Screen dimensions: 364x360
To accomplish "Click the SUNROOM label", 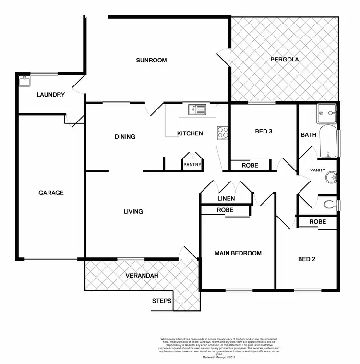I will (x=151, y=60).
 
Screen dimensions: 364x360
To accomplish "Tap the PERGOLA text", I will (x=284, y=60).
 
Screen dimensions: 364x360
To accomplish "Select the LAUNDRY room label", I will (x=50, y=95).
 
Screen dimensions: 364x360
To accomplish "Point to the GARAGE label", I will (x=51, y=193).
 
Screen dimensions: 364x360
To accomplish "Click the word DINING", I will (x=125, y=137).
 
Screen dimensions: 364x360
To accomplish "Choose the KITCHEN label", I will (x=190, y=133).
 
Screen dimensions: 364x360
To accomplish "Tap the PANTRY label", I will (x=192, y=165).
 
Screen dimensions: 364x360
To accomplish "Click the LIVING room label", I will (x=133, y=211).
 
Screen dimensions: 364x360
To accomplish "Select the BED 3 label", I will (x=264, y=132).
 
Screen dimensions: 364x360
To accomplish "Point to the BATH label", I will (x=309, y=135).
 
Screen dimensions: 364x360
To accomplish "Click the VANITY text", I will (x=318, y=170).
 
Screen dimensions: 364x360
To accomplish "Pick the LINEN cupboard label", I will (x=226, y=198).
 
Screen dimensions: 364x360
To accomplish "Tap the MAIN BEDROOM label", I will (x=238, y=253).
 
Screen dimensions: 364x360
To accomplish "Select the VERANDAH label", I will (x=142, y=276).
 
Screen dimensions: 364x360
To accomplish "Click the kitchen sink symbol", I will (x=197, y=110).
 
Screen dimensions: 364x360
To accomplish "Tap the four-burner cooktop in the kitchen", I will (x=223, y=133).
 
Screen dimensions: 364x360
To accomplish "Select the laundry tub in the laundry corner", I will (x=24, y=81).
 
